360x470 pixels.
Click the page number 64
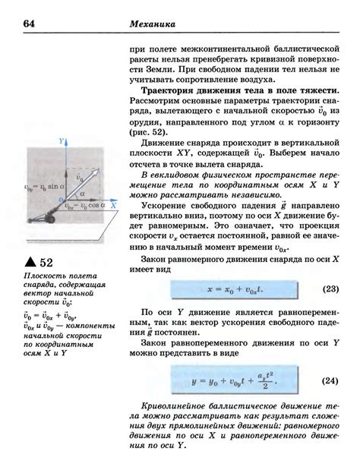31,24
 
